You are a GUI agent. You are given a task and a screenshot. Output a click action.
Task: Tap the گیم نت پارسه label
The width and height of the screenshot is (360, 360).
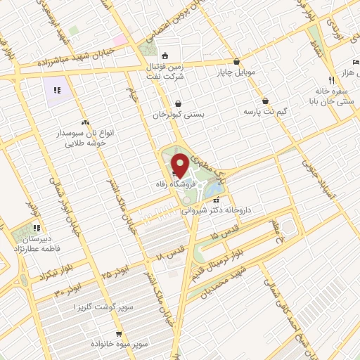pyautogui.click(x=266, y=111)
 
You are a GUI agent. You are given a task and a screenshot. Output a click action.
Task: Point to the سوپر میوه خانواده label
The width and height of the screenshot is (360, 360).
pyautogui.click(x=119, y=345)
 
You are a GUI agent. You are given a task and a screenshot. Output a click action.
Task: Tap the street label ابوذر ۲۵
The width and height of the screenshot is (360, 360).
pyautogui.click(x=115, y=269)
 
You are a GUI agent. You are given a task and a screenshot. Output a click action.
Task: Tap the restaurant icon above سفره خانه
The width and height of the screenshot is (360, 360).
pyautogui.click(x=331, y=79)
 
